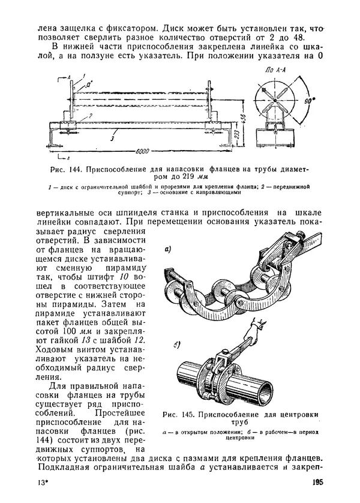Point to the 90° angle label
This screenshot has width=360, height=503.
tap(308, 101)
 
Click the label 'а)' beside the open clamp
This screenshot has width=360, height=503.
tap(168, 248)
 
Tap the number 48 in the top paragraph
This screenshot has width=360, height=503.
tap(298, 38)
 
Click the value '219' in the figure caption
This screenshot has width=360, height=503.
tap(188, 176)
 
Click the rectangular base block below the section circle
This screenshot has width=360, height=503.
tap(275, 137)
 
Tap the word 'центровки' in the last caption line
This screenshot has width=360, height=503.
tap(240, 438)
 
